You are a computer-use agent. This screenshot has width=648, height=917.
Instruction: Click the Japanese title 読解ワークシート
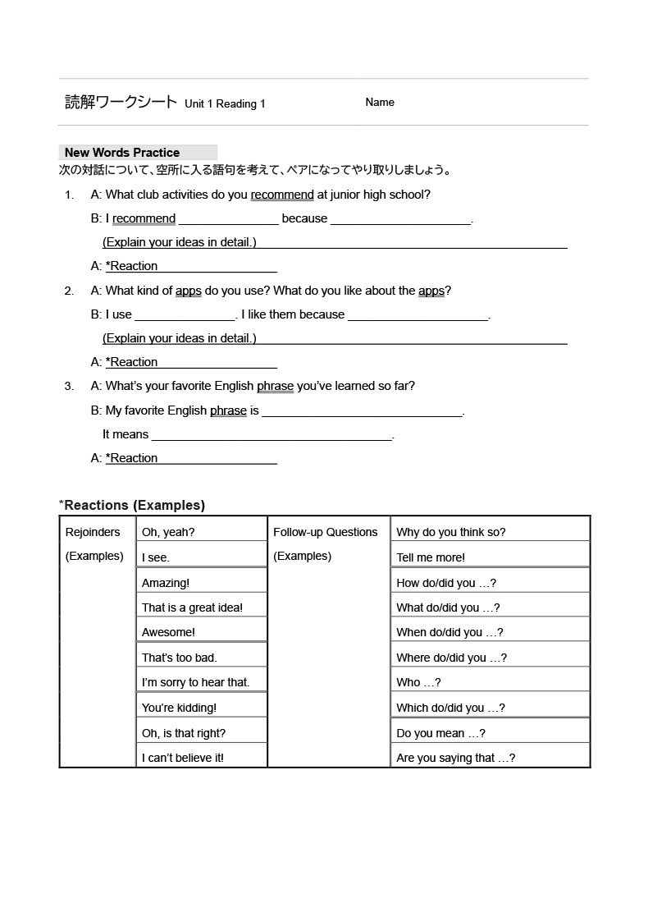click(x=121, y=103)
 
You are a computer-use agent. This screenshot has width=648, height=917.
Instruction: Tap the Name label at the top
click(x=380, y=103)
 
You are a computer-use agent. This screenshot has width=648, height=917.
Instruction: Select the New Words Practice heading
click(x=122, y=153)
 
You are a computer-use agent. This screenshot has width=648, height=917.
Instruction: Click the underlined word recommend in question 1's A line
click(x=282, y=195)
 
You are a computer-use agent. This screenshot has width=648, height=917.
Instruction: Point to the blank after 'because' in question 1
click(x=401, y=219)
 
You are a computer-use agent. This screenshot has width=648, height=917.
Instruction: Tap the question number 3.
click(x=69, y=386)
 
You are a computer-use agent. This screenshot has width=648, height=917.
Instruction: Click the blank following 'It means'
click(x=272, y=435)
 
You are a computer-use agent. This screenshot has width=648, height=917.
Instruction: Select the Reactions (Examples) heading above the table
click(x=134, y=505)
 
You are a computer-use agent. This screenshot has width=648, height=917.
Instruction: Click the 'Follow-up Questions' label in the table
click(x=326, y=532)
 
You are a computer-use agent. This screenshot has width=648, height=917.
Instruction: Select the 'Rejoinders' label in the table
click(x=93, y=532)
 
